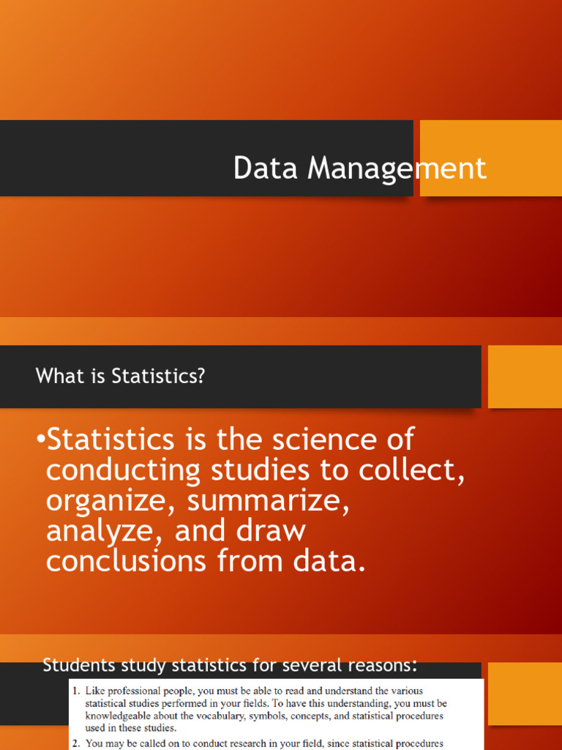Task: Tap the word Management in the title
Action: (397, 168)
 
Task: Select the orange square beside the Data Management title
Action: (491, 158)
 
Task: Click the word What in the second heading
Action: (56, 376)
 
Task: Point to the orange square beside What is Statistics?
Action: (525, 376)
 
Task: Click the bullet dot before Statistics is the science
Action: (41, 439)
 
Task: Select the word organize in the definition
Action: (109, 501)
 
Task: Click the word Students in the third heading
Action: (77, 666)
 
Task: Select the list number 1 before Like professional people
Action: (75, 691)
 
